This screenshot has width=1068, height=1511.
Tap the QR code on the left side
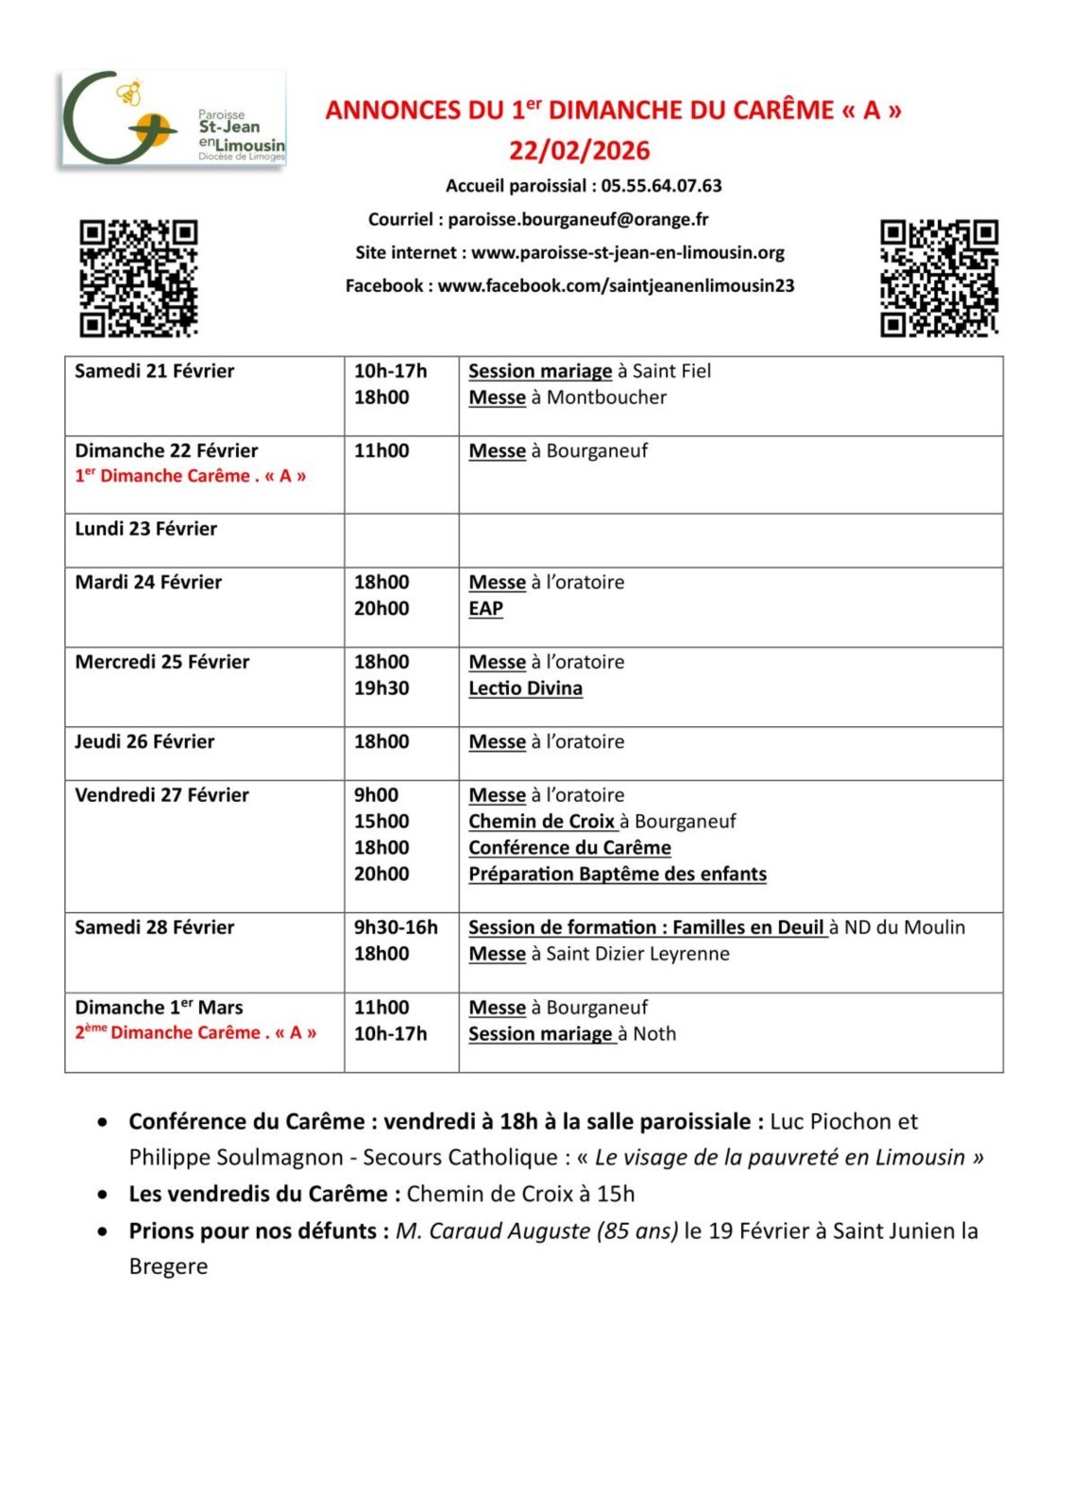click(138, 278)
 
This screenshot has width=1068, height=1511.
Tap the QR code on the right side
click(939, 278)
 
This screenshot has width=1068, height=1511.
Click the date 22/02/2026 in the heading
click(580, 151)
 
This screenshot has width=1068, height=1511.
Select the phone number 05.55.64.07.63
click(661, 186)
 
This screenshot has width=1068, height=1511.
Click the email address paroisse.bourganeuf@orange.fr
click(578, 219)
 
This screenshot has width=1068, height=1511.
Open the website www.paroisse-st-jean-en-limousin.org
click(628, 252)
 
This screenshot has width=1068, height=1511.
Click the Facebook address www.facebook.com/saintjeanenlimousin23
click(616, 285)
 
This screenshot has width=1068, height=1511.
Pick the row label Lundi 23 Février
click(146, 529)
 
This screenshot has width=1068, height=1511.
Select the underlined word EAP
click(485, 609)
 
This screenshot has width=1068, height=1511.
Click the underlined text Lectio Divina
click(525, 688)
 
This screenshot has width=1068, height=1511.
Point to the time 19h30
click(381, 688)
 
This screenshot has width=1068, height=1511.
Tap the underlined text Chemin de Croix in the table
click(541, 822)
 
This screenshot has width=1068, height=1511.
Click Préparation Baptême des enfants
click(618, 874)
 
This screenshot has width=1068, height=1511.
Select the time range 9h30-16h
click(396, 927)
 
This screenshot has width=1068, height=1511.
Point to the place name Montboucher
click(606, 398)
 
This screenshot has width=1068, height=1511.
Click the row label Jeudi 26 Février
click(144, 742)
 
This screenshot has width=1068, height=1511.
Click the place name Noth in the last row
click(654, 1034)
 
